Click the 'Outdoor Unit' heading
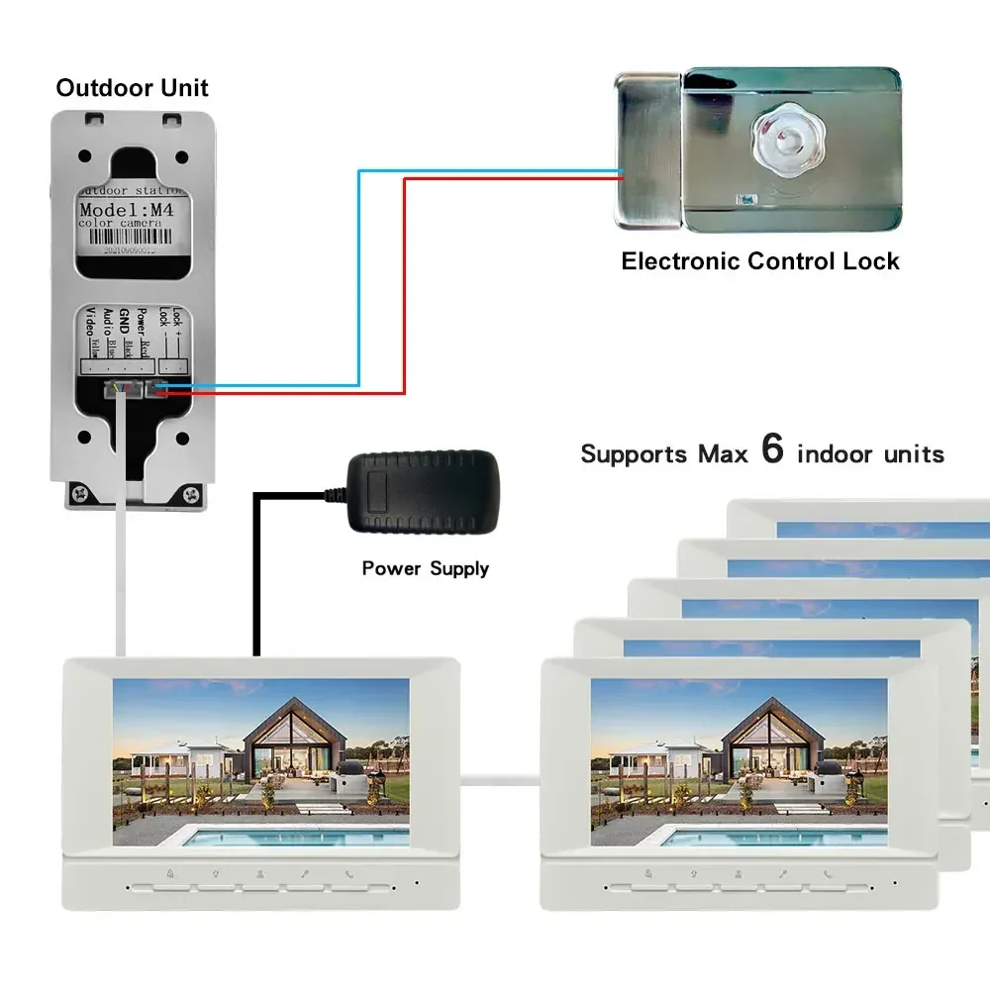132,88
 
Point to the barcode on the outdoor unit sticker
131,251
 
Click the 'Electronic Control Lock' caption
759,261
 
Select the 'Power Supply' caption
425,568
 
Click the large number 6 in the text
772,448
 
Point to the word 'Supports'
633,454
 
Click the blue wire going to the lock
358,277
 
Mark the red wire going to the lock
404,287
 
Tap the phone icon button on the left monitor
349,875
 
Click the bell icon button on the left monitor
171,875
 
